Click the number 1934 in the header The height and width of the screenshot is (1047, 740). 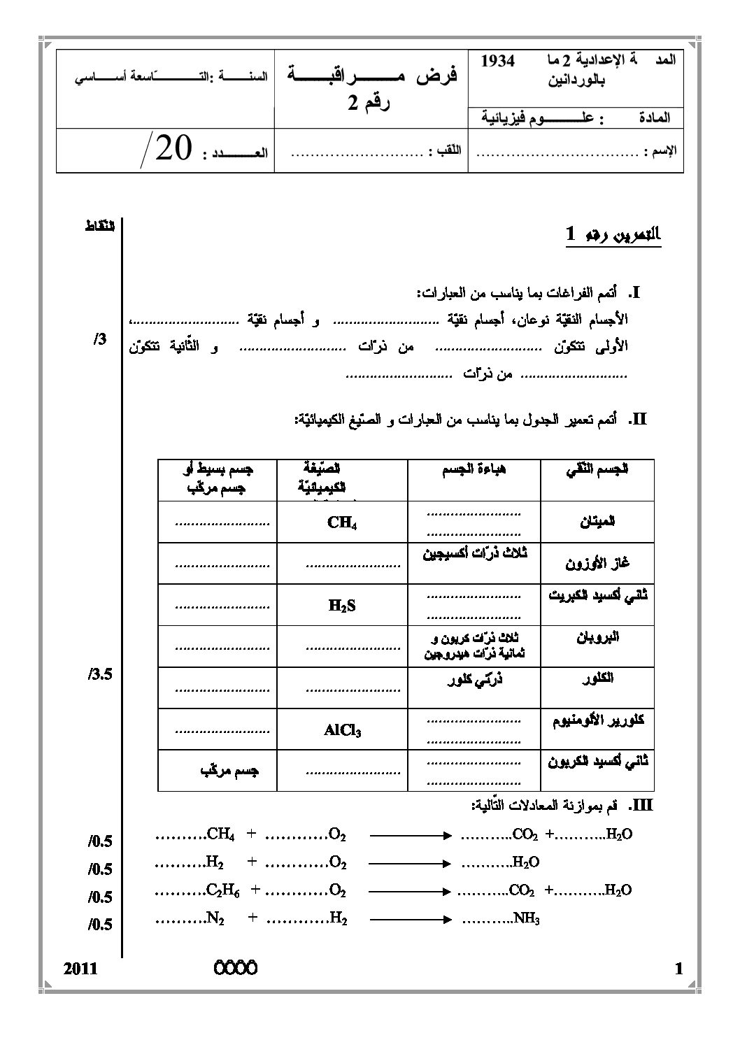pyautogui.click(x=498, y=62)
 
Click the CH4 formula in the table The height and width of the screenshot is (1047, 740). pyautogui.click(x=342, y=522)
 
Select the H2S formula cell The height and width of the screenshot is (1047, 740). pyautogui.click(x=342, y=606)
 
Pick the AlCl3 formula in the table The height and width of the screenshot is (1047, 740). pyautogui.click(x=342, y=731)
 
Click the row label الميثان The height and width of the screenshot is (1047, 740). pyautogui.click(x=597, y=521)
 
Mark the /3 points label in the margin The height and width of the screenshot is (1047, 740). pyautogui.click(x=99, y=339)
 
